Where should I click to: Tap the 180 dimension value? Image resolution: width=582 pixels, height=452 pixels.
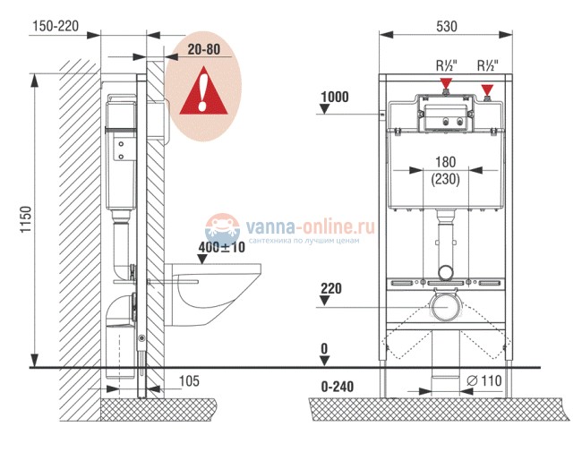tap(445, 162)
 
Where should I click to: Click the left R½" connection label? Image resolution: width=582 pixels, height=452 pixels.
tap(447, 65)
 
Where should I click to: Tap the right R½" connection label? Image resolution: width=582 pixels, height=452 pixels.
tap(488, 65)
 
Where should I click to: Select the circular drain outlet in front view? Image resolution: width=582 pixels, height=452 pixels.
tap(446, 307)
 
